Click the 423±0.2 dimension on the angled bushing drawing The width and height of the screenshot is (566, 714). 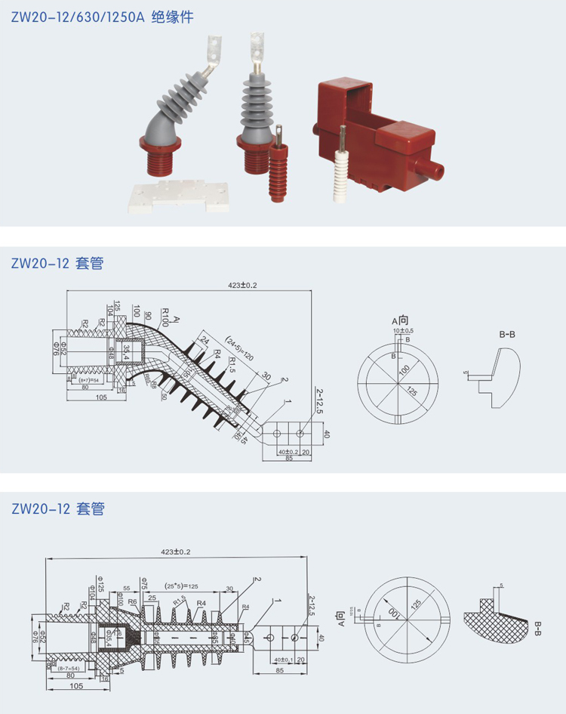(x=244, y=286)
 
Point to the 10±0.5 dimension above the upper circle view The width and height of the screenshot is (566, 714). (x=402, y=331)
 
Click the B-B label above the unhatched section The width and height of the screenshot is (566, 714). (x=507, y=333)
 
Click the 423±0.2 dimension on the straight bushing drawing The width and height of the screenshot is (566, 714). (x=176, y=552)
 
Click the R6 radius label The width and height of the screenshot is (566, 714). (x=133, y=602)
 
